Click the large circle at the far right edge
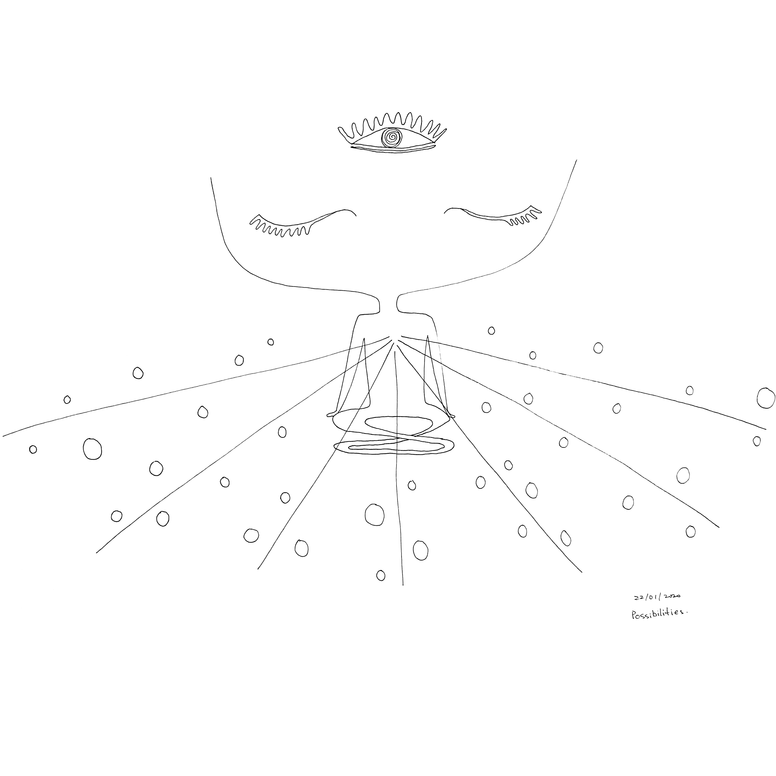tap(765, 398)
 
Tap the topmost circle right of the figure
tap(491, 331)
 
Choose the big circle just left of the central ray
tap(374, 514)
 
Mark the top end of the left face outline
tap(211, 178)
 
